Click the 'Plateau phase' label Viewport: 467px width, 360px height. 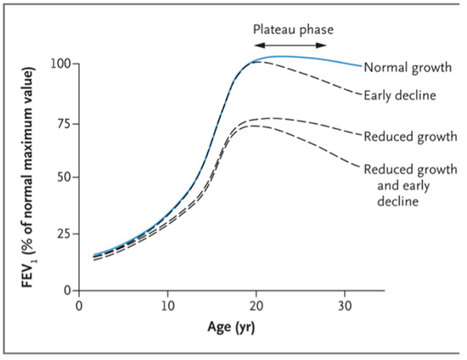pos(293,28)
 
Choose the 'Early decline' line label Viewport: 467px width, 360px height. pos(400,95)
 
